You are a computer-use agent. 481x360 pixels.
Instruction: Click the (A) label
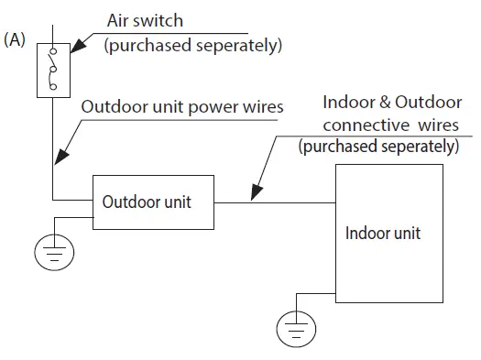pyautogui.click(x=16, y=42)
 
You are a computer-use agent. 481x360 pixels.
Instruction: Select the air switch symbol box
pyautogui.click(x=52, y=71)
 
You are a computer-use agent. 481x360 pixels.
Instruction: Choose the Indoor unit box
pyautogui.click(x=382, y=233)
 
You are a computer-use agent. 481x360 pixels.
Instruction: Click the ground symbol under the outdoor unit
pyautogui.click(x=55, y=250)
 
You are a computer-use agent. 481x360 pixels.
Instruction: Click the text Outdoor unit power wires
pyautogui.click(x=182, y=106)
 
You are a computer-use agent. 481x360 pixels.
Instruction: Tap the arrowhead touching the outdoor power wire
pyautogui.click(x=57, y=162)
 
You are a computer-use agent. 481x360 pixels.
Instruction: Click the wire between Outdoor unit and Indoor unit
pyautogui.click(x=275, y=202)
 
